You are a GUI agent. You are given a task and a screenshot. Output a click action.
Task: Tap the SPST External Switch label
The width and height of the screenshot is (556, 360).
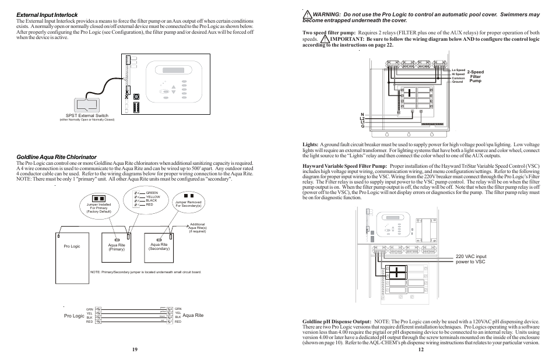86,116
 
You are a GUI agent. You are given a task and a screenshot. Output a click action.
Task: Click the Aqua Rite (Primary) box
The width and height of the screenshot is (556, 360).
117,246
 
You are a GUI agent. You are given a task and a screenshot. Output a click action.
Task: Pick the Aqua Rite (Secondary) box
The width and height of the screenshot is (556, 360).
159,246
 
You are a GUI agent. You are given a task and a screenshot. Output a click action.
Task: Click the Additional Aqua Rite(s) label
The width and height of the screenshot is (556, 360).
198,228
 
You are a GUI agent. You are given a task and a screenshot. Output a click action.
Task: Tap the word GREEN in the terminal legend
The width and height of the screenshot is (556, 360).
152,193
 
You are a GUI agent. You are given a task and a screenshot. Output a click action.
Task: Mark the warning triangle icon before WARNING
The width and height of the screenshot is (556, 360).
307,13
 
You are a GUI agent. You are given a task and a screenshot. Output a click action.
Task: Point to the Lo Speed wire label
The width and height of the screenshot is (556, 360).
458,70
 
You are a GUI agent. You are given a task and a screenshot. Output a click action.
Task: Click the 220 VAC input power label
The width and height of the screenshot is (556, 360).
472,259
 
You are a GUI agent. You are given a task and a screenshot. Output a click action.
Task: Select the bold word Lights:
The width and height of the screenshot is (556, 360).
310,144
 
